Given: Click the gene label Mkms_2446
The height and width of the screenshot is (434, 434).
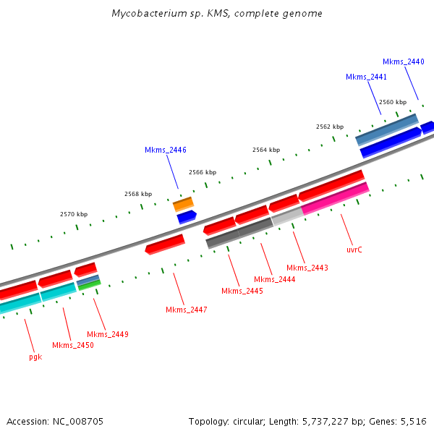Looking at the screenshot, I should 166,150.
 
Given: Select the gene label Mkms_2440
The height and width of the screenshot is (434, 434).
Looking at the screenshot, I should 404,62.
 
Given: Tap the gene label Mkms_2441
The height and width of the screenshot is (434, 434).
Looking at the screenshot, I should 366,77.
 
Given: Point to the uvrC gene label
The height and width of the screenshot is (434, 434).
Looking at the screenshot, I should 354,250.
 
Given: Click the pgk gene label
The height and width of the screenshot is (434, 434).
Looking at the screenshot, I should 35,357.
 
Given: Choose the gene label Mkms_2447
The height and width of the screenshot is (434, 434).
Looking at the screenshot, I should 187,310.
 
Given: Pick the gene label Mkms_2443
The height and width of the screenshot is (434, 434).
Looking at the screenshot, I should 307,268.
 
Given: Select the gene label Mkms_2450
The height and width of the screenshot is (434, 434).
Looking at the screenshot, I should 73,345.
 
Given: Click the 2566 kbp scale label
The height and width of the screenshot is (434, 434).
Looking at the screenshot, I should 203,172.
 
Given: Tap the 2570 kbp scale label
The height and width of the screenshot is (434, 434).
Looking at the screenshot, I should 74,214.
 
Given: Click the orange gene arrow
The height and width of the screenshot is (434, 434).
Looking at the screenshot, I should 183,204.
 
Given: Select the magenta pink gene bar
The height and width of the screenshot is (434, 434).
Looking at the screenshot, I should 335,199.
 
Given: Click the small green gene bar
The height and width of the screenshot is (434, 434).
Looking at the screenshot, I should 89,285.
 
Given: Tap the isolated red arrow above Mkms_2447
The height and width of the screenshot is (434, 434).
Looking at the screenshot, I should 165,244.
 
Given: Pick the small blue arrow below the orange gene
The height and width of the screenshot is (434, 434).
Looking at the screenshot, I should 187,216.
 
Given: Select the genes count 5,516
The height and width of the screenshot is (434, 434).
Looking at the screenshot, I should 414,421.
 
